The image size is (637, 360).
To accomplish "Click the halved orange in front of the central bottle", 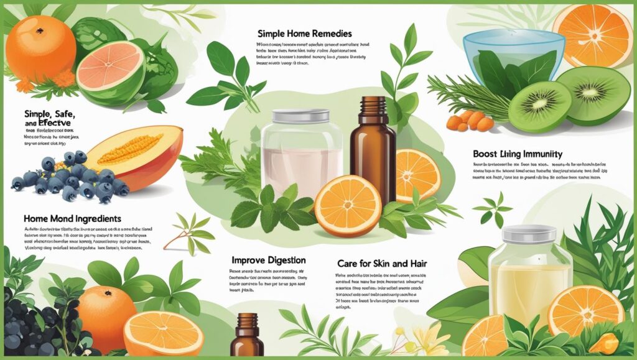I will [348, 206].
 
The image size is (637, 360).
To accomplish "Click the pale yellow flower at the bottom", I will [429, 339].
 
